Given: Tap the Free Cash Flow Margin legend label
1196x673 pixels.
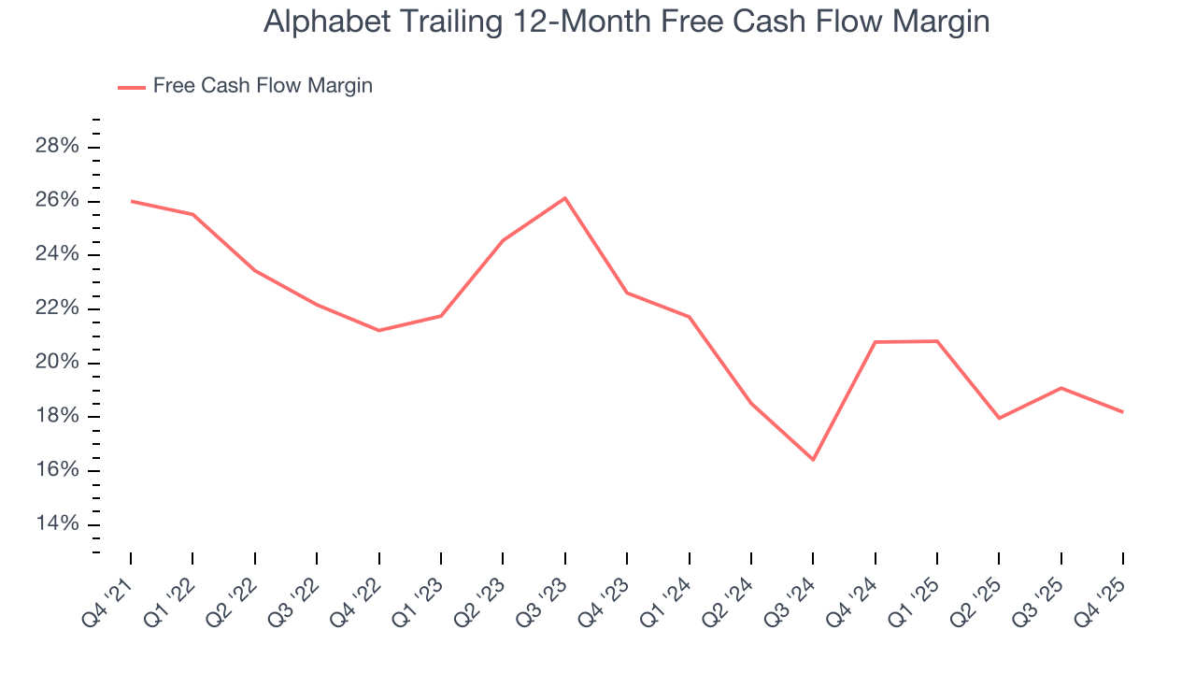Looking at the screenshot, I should coord(263,86).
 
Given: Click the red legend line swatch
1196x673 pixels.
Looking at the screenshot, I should coord(131,87).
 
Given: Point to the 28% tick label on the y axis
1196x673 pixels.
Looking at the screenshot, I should coord(57,147).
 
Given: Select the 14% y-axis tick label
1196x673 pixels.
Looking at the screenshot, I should coord(57,523).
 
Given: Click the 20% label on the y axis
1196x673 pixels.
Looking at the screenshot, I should coord(57,363).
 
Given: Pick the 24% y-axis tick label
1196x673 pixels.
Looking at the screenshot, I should coord(57,255).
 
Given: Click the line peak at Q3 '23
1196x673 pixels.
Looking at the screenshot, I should coord(565,198).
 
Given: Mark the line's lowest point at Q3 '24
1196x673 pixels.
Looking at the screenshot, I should coord(813,459).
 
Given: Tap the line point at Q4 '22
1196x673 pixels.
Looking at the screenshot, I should coord(379,330).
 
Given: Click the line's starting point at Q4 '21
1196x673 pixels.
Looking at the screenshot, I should coord(131,201).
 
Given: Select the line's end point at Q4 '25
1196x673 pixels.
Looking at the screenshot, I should coord(1122,412).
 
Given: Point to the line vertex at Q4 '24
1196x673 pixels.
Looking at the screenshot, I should coord(876,342).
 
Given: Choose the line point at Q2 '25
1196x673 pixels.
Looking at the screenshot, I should coord(999,418).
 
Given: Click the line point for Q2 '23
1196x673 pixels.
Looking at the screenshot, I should coord(503,240).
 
